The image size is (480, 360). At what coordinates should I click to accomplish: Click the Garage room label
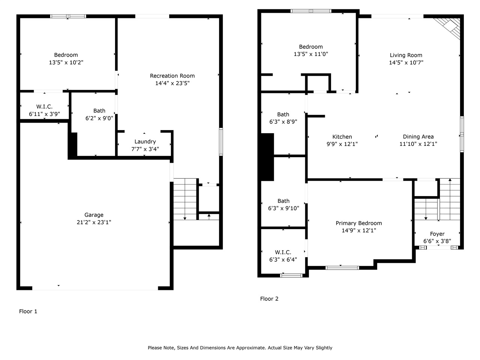pyautogui.click(x=94, y=215)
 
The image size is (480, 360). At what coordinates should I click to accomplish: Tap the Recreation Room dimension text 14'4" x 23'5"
pyautogui.click(x=172, y=83)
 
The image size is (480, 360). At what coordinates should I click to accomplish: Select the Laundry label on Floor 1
pyautogui.click(x=145, y=142)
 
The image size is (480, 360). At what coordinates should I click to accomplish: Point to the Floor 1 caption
pyautogui.click(x=28, y=311)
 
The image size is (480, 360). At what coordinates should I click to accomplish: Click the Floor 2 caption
pyautogui.click(x=269, y=299)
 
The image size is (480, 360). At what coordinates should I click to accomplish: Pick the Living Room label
pyautogui.click(x=406, y=55)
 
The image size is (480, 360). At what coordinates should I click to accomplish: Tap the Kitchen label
pyautogui.click(x=342, y=137)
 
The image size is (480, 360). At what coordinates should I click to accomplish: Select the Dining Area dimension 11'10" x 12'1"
pyautogui.click(x=418, y=144)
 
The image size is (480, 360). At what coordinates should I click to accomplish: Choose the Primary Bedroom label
pyautogui.click(x=358, y=223)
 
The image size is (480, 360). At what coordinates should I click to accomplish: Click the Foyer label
pyautogui.click(x=437, y=234)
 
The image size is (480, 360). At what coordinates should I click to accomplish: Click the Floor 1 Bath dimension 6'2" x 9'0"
pyautogui.click(x=99, y=118)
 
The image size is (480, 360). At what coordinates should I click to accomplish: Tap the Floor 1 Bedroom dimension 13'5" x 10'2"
pyautogui.click(x=66, y=63)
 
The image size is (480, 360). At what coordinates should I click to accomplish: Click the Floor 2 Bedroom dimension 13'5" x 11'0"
pyautogui.click(x=311, y=54)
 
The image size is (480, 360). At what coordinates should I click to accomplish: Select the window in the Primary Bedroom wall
pyautogui.click(x=342, y=268)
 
